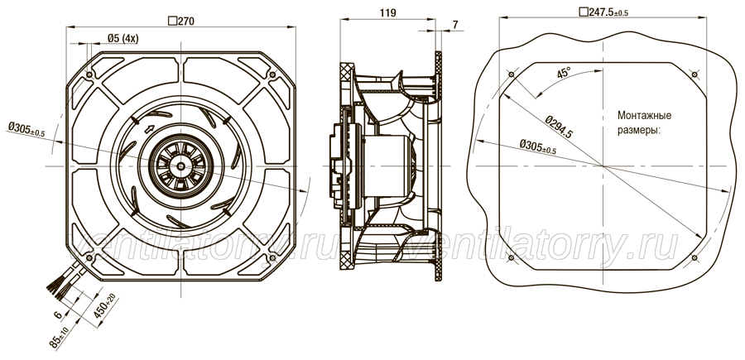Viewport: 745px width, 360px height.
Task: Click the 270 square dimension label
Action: tap(181, 21)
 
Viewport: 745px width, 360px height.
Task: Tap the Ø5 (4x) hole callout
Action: tap(123, 38)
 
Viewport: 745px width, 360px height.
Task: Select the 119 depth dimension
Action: tap(388, 12)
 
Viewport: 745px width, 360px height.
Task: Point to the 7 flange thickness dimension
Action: tap(455, 25)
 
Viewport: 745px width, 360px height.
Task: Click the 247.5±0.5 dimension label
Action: tap(603, 12)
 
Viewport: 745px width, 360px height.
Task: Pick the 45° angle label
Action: tap(564, 73)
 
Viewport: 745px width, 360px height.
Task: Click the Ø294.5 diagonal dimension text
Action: tap(559, 127)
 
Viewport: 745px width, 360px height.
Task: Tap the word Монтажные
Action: tap(644, 115)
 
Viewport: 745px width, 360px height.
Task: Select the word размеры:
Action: tap(639, 131)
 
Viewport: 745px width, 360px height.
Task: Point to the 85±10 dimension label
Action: tap(60, 336)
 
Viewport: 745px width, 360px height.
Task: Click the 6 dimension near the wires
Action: tap(57, 314)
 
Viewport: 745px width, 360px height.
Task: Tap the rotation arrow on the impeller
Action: tap(148, 128)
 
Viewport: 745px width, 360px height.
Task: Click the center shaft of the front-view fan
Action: tap(180, 166)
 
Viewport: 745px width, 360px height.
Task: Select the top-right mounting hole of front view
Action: tap(272, 74)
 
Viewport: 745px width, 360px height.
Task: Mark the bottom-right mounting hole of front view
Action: tap(272, 257)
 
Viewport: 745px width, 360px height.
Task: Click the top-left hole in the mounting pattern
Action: tap(512, 74)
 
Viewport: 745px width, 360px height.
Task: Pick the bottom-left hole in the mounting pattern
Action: tap(512, 257)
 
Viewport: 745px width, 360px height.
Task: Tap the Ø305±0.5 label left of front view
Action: tap(26, 130)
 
